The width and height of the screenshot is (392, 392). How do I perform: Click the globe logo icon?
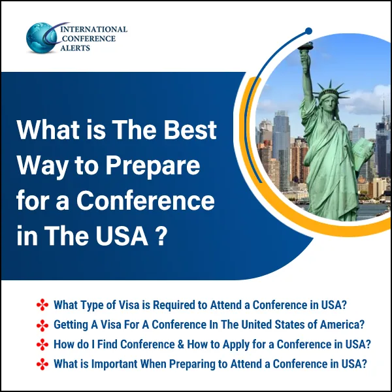(x=41, y=38)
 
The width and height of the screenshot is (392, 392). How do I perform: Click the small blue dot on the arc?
(x=308, y=31)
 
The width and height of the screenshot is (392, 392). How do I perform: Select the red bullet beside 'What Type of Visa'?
(x=43, y=305)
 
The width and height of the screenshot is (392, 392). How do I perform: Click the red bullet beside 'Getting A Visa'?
(x=43, y=325)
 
